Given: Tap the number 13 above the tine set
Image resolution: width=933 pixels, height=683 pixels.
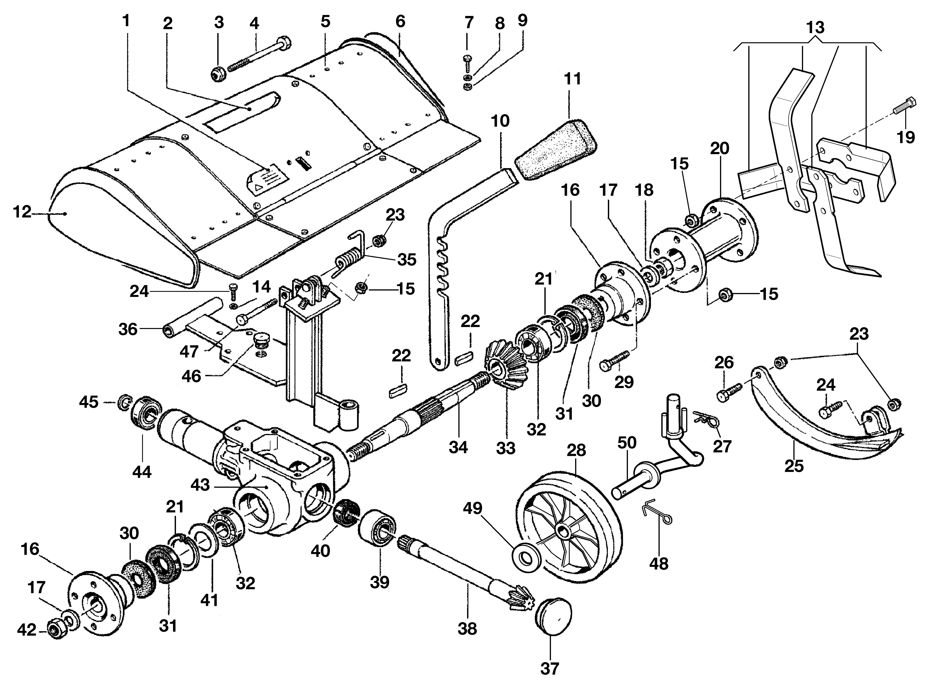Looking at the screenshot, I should coord(815,28).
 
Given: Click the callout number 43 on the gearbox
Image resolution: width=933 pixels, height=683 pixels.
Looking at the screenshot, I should coord(200,485).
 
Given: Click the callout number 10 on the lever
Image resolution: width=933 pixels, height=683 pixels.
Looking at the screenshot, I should coord(500,121).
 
